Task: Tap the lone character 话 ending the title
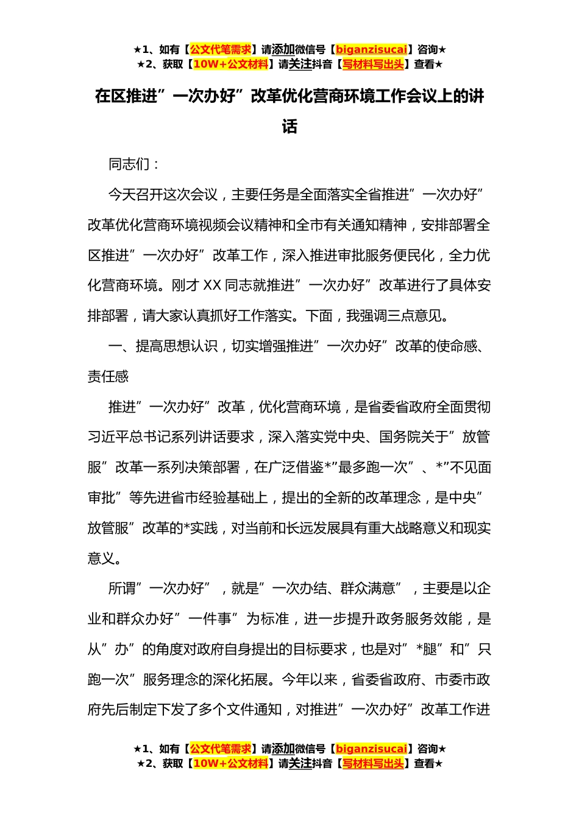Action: [x=289, y=127]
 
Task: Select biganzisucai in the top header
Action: [x=371, y=49]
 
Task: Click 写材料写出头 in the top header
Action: [x=373, y=64]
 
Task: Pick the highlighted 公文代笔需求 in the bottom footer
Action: [x=221, y=749]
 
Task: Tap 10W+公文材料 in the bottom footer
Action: [x=230, y=763]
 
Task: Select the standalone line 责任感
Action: [x=108, y=377]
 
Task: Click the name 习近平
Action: [x=108, y=437]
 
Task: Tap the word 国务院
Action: [x=400, y=437]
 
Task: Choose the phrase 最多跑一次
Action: [x=372, y=467]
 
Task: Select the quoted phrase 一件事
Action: [x=210, y=619]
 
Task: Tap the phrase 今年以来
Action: [x=309, y=680]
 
